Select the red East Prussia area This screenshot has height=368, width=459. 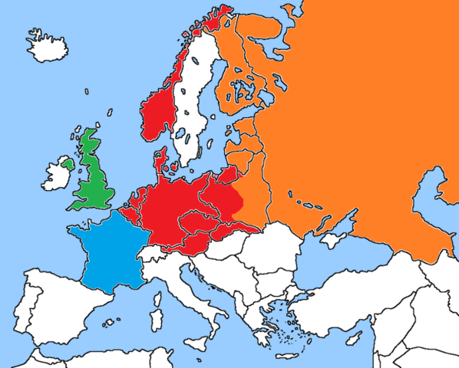pos(226,176)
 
